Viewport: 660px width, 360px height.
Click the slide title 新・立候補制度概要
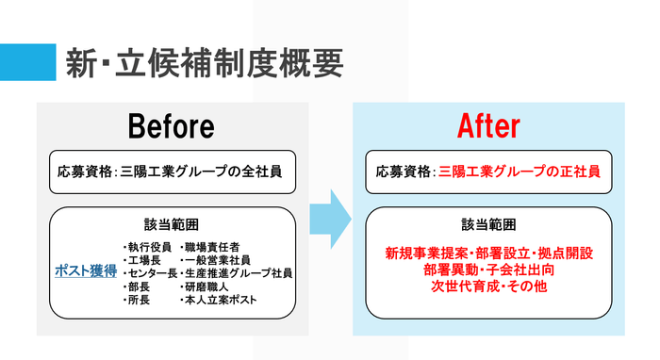pyautogui.click(x=203, y=63)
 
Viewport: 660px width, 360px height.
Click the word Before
pyautogui.click(x=172, y=126)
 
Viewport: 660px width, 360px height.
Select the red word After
pyautogui.click(x=488, y=126)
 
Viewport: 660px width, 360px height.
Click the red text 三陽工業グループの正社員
pyautogui.click(x=518, y=172)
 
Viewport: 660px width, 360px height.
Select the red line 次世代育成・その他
pyautogui.click(x=488, y=285)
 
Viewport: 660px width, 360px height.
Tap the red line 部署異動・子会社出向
pyautogui.click(x=488, y=269)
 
